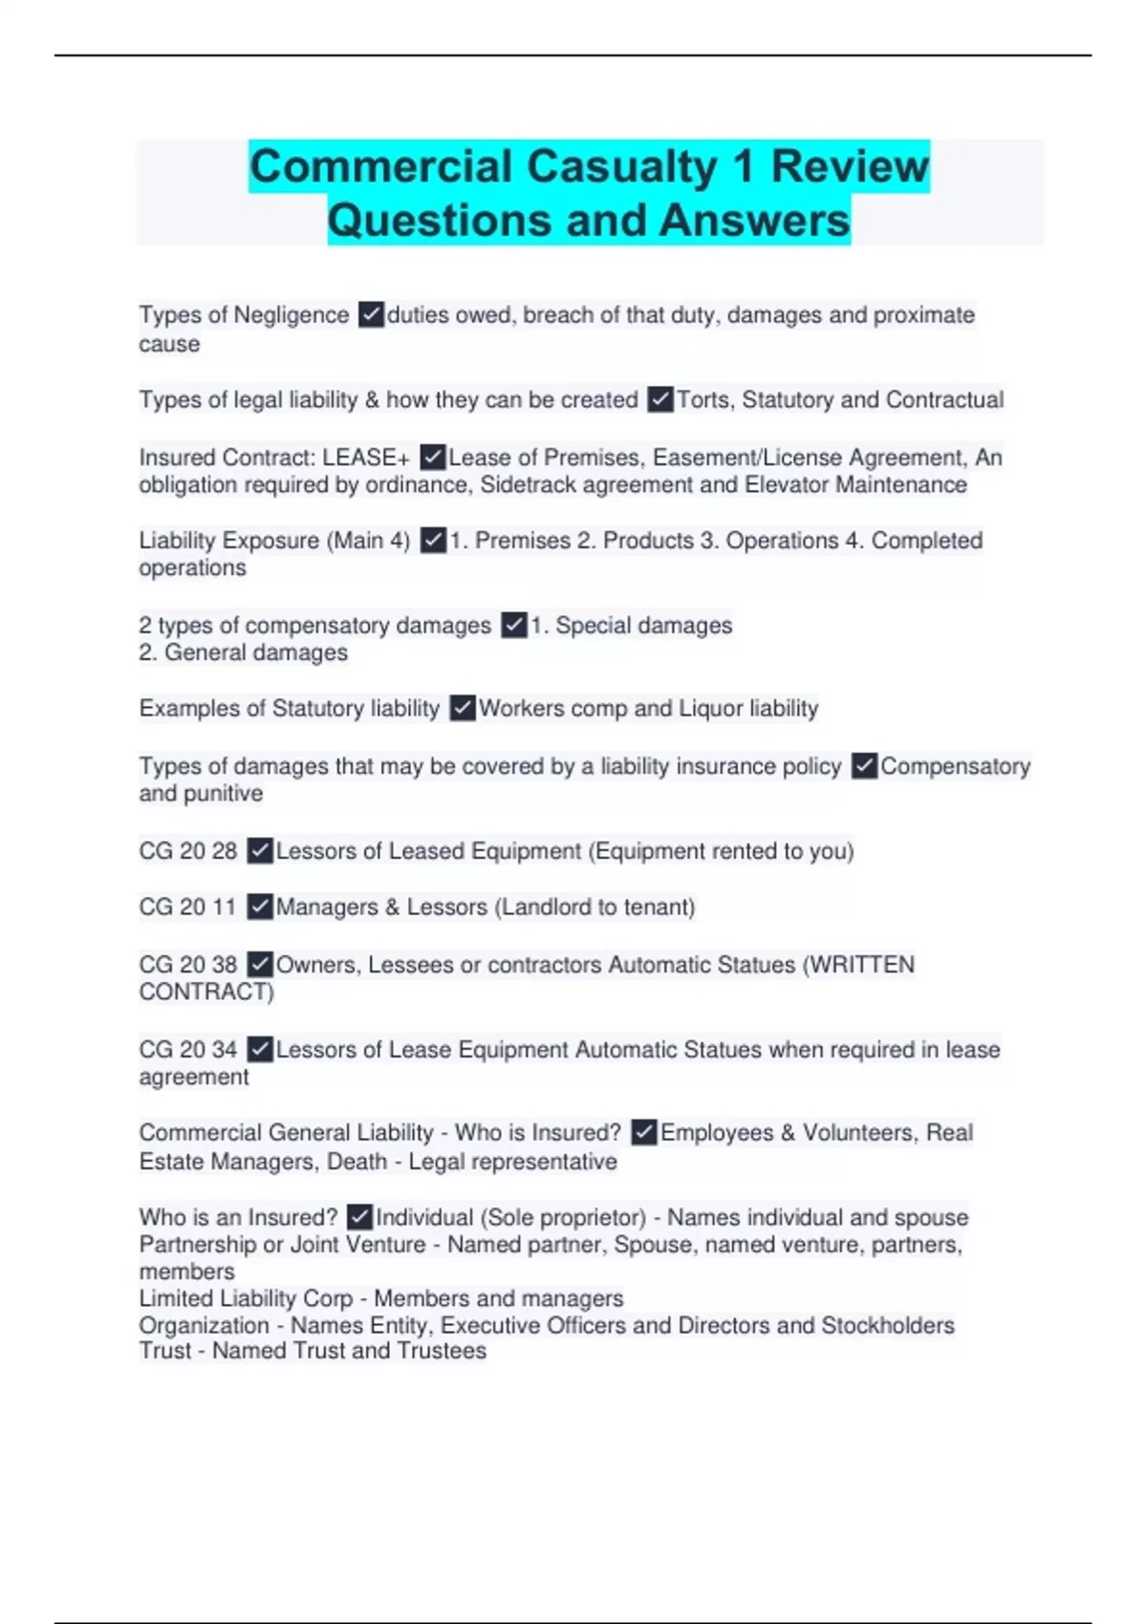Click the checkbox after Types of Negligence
(371, 314)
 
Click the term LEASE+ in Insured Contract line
(366, 458)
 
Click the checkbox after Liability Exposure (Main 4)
(433, 541)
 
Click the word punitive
(224, 794)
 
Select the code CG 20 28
(188, 851)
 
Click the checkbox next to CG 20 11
(259, 907)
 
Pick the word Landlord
(540, 907)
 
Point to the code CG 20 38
(188, 965)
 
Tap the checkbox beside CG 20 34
(259, 1049)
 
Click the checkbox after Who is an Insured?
(359, 1217)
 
